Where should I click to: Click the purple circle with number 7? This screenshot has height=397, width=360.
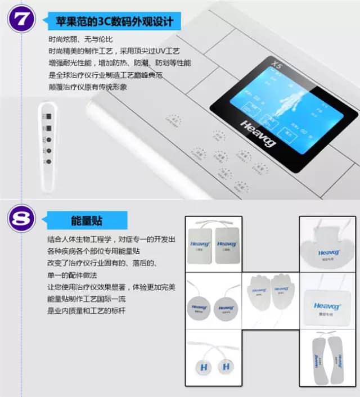(21, 20)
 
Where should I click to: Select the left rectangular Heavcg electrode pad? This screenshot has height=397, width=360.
(200, 245)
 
